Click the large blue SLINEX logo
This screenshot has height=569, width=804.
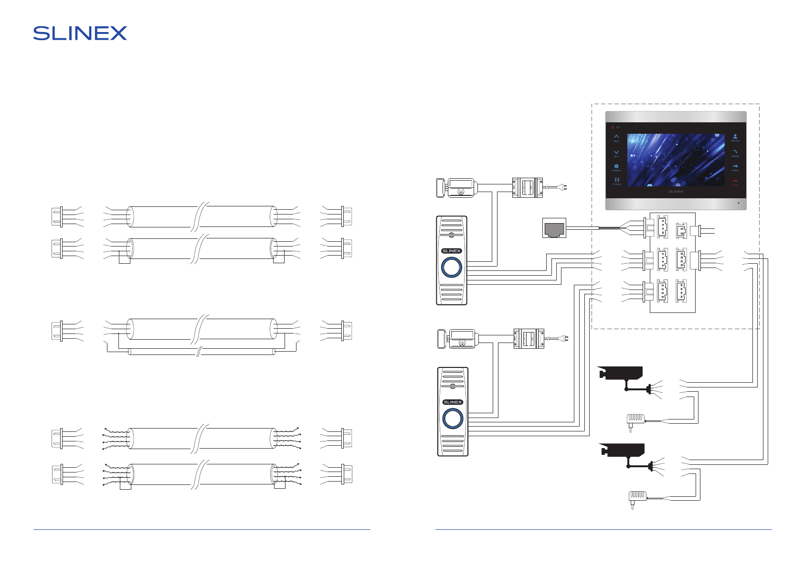point(80,33)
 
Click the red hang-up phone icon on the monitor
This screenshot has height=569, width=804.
point(735,181)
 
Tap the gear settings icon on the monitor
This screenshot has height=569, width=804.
point(616,166)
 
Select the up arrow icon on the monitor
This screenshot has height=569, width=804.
point(616,136)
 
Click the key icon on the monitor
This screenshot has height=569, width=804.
point(735,166)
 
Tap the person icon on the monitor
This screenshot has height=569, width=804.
point(735,136)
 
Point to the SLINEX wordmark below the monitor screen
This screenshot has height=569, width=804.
point(676,192)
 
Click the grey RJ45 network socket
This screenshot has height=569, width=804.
point(554,228)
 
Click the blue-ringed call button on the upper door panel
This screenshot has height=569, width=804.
point(451,267)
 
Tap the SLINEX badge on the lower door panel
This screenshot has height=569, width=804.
point(453,402)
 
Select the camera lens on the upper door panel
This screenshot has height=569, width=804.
point(451,235)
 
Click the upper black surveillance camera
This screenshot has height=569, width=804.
point(621,373)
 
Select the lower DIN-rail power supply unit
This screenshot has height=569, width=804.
point(529,338)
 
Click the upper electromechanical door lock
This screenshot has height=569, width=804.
point(456,188)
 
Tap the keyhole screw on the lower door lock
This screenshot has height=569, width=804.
point(462,343)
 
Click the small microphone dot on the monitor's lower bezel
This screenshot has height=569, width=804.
point(739,203)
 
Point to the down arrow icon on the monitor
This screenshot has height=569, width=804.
point(616,152)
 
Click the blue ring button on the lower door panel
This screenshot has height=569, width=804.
point(453,419)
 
